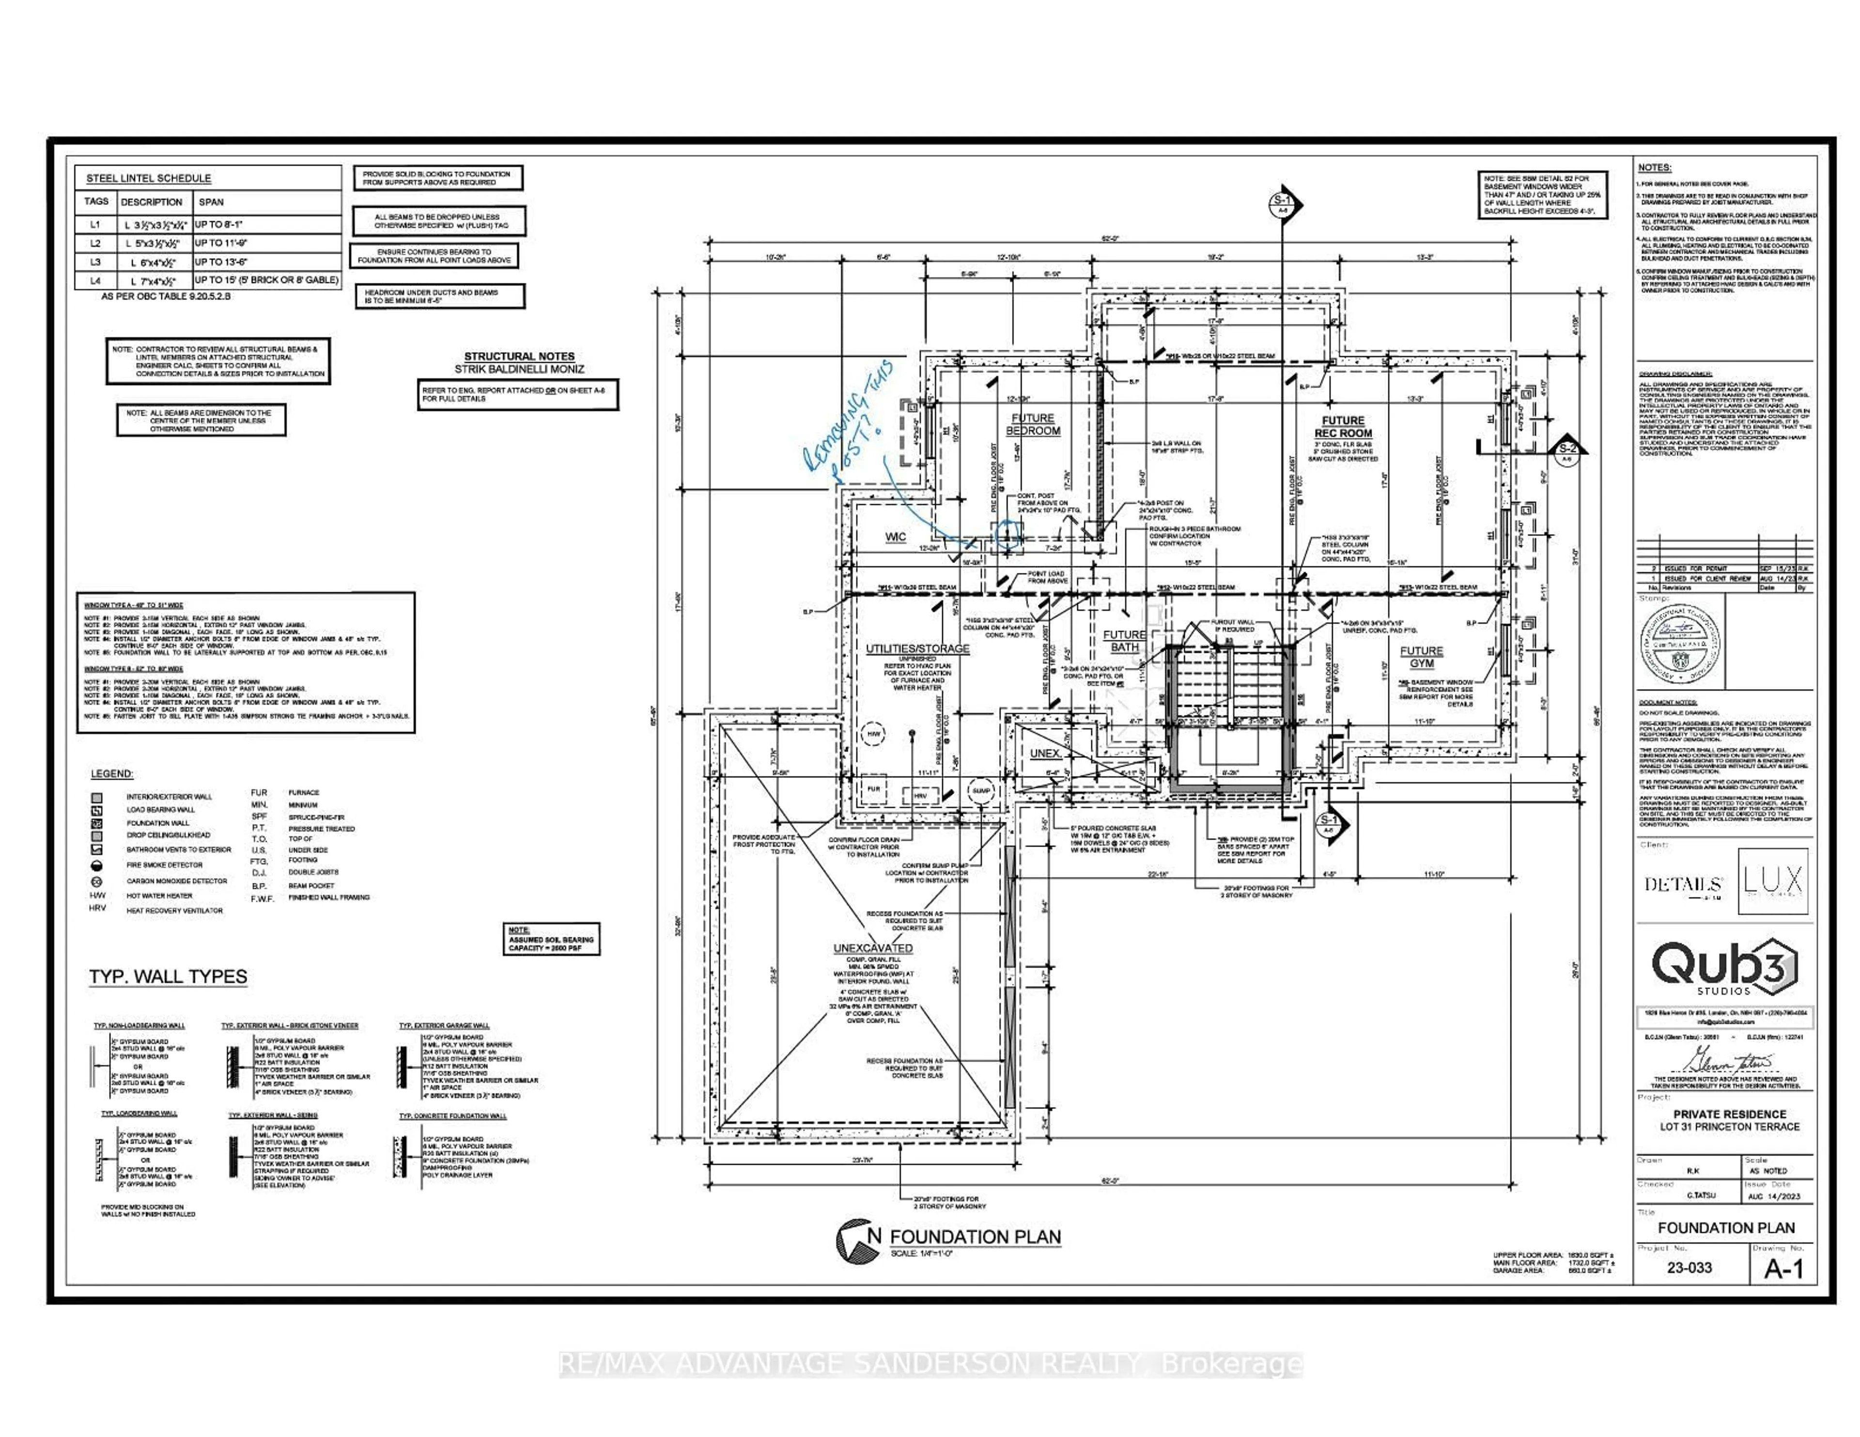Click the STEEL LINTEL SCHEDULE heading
click(149, 178)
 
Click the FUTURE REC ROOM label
click(1343, 427)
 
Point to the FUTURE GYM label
click(1422, 657)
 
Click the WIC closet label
click(895, 537)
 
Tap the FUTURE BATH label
click(1124, 641)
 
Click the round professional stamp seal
click(1678, 641)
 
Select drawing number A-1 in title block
click(1783, 1269)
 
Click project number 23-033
click(1689, 1267)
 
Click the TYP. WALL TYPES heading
click(169, 977)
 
